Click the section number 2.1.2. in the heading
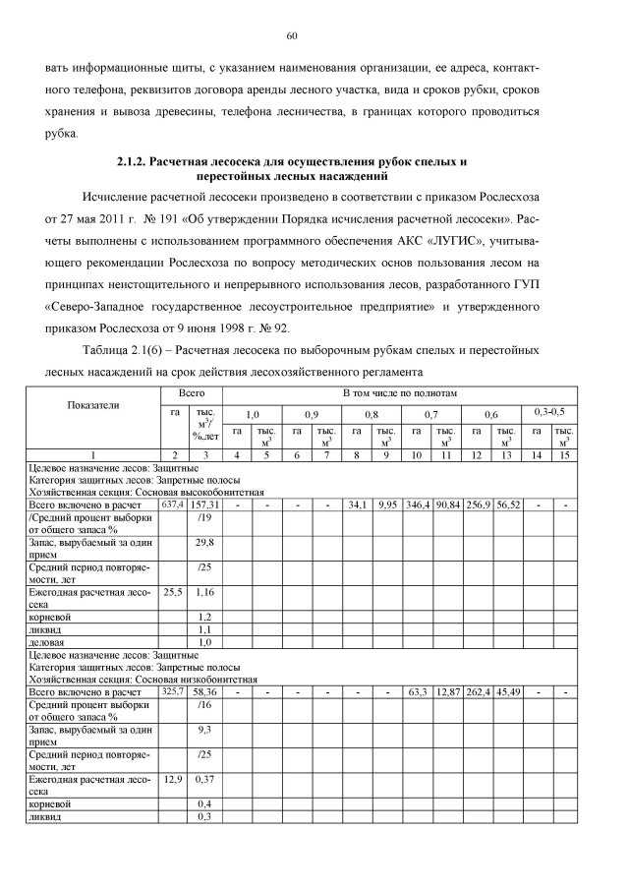click(134, 159)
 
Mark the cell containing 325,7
click(173, 692)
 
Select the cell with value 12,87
click(448, 692)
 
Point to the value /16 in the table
click(205, 705)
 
